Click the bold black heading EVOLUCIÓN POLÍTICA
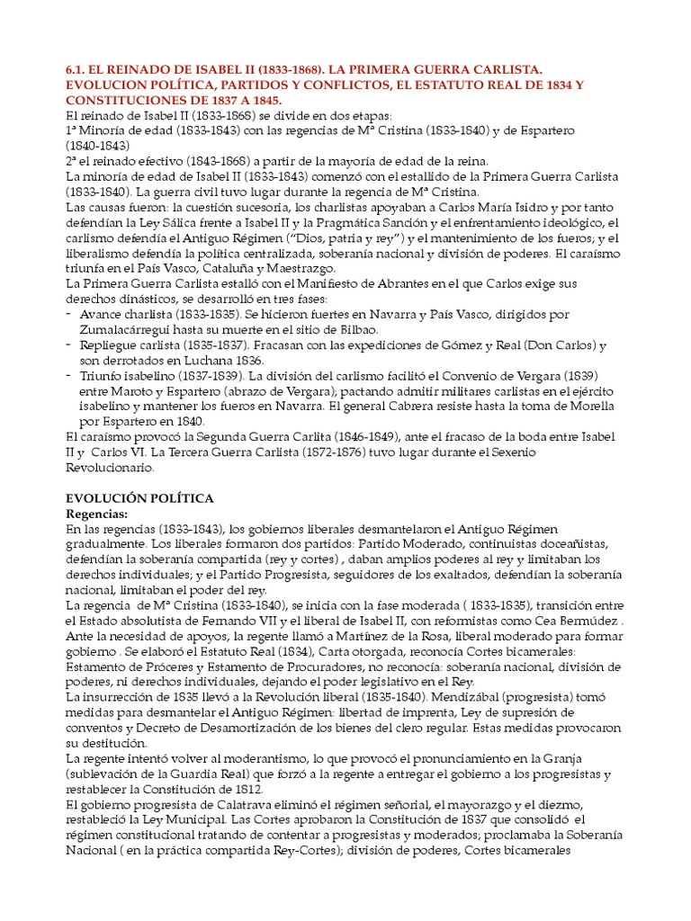pyautogui.click(x=140, y=497)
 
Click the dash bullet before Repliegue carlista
pyautogui.click(x=70, y=344)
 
